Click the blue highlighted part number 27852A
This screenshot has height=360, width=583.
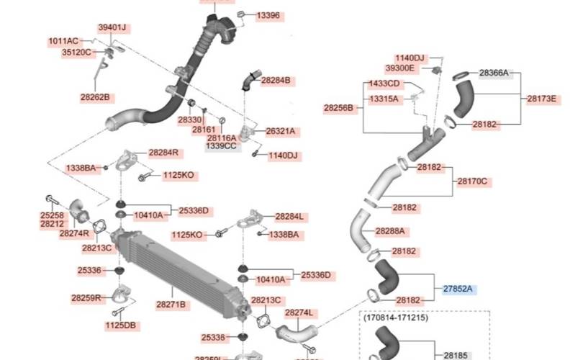click(457, 289)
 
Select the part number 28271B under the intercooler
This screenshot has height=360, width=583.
click(172, 305)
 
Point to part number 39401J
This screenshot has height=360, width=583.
click(112, 27)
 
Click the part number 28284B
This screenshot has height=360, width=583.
click(276, 81)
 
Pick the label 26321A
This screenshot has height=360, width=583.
click(281, 131)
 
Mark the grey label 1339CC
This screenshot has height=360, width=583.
click(221, 145)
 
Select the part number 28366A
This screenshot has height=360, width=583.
click(494, 73)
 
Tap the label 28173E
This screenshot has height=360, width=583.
click(541, 98)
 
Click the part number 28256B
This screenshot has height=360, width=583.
click(338, 108)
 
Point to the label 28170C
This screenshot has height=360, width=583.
click(473, 181)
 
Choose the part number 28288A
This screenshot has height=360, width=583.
click(389, 231)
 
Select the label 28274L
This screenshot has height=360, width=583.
click(299, 312)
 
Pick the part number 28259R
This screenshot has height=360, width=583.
click(85, 297)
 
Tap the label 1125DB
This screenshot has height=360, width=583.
click(120, 325)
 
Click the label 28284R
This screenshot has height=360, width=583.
click(163, 153)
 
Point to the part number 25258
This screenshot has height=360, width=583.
click(51, 215)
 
